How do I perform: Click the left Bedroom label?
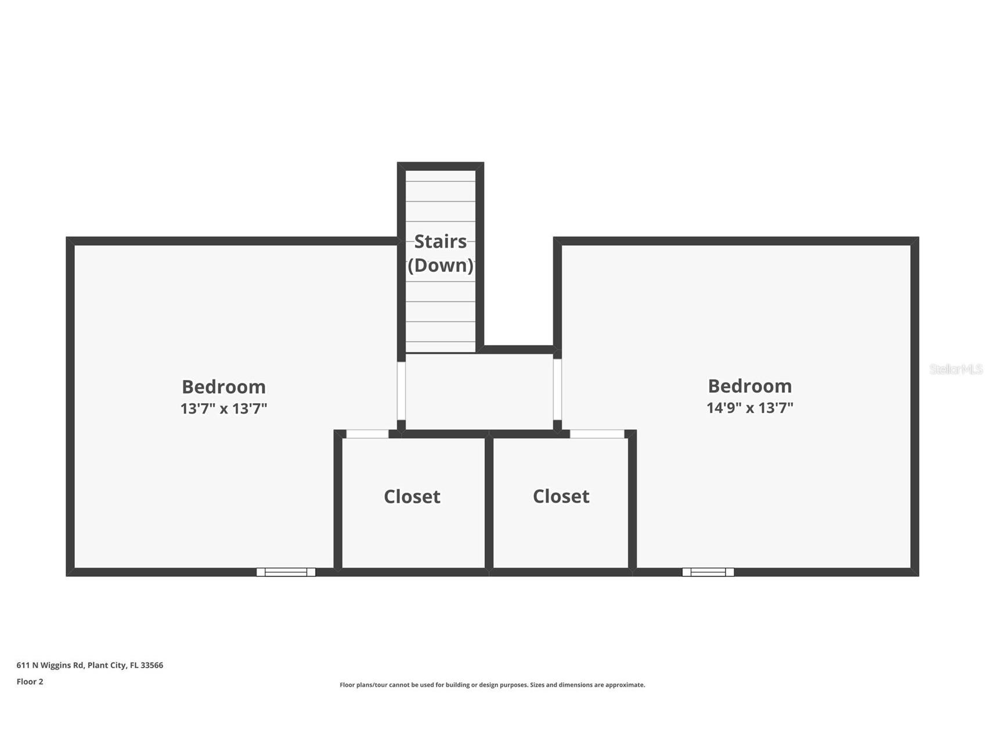click(223, 386)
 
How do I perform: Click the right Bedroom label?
click(750, 386)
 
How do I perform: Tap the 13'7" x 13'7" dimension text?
click(223, 408)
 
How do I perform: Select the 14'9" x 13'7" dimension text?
click(750, 408)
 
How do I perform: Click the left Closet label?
click(412, 497)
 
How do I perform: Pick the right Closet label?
click(561, 496)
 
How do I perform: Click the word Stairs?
click(441, 241)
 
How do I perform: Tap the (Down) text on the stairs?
click(441, 266)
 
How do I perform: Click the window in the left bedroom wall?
click(286, 572)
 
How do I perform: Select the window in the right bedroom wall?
click(708, 572)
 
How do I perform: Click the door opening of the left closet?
click(367, 434)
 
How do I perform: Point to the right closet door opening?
click(597, 434)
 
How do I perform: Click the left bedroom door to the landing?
click(401, 391)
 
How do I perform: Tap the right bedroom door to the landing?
click(557, 389)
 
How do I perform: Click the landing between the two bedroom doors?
click(479, 392)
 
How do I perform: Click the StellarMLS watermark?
click(956, 369)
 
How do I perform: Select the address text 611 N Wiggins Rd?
click(50, 665)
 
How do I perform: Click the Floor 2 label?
click(30, 681)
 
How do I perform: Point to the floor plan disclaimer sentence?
click(492, 685)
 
